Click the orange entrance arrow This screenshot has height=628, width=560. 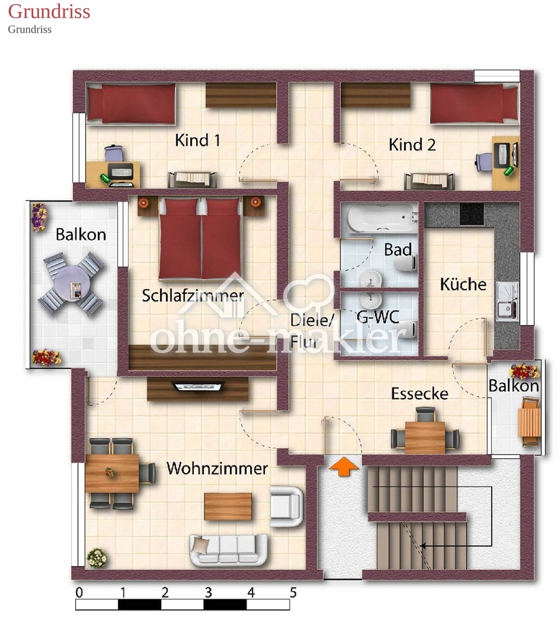[343, 467]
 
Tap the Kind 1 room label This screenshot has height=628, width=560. [197, 141]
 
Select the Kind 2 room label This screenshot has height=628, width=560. [412, 145]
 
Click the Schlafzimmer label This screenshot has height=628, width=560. [193, 295]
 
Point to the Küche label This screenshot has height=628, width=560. [463, 284]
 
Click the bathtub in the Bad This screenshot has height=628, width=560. [382, 218]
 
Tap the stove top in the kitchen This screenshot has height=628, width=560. [472, 214]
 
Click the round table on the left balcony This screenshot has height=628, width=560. [71, 283]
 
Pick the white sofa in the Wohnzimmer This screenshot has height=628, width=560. [228, 550]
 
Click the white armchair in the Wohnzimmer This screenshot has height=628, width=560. [286, 506]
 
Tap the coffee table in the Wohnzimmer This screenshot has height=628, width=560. [228, 506]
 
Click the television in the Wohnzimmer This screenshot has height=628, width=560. [197, 387]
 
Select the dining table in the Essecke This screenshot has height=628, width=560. [425, 437]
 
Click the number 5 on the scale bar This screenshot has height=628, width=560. [293, 593]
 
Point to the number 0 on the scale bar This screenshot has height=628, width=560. [79, 593]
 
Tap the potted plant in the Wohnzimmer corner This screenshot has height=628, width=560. [97, 558]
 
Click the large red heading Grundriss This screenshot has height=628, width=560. [49, 11]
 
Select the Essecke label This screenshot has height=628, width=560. [420, 394]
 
